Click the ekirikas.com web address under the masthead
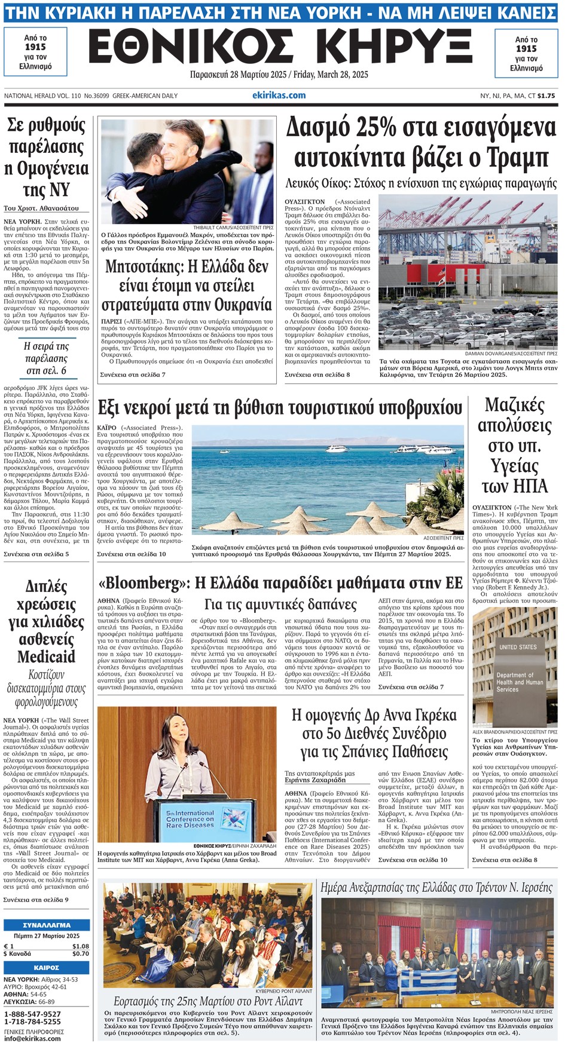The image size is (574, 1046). pyautogui.click(x=279, y=96)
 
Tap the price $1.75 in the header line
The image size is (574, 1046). pyautogui.click(x=546, y=96)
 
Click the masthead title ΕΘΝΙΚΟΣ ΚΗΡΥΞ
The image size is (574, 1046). pyautogui.click(x=280, y=48)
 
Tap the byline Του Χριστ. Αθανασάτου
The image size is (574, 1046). pyautogui.click(x=41, y=208)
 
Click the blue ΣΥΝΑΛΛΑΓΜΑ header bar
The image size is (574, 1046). pyautogui.click(x=46, y=925)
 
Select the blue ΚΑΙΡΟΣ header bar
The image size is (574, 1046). pyautogui.click(x=46, y=967)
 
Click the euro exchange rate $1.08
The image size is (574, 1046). pyautogui.click(x=80, y=946)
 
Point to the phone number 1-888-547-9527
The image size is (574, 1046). pyautogui.click(x=32, y=1014)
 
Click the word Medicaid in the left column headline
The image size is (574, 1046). pyautogui.click(x=46, y=657)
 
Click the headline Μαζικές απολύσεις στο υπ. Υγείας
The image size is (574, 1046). pyautogui.click(x=514, y=445)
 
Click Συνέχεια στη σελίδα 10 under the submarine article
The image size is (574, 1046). pyautogui.click(x=131, y=554)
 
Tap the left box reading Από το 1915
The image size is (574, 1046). pyautogui.click(x=35, y=52)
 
